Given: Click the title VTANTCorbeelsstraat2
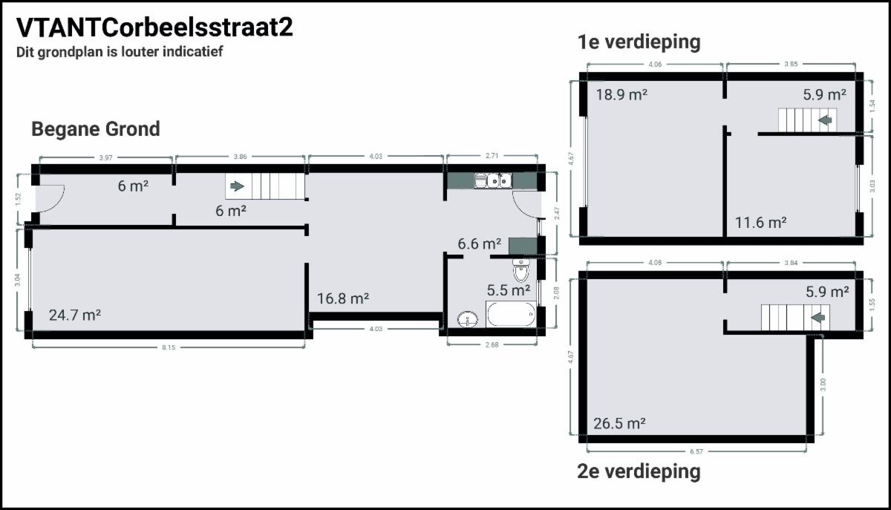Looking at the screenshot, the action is pos(154,27).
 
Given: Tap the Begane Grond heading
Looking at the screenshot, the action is pos(96,129).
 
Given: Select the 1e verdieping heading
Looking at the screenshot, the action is pos(639,42).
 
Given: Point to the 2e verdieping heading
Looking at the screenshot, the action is pos(639,471).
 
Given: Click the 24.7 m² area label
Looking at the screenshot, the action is pos(75,315).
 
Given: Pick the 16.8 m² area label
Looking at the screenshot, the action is pos(343,298).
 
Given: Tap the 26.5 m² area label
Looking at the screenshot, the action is pos(619,423).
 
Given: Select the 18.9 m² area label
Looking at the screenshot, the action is pos(621,95).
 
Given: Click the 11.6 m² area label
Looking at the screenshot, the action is pos(760,223).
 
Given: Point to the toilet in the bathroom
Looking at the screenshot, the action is pos(520,270).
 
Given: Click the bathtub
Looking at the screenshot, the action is pos(511,314).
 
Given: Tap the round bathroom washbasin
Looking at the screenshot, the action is pos(468,319).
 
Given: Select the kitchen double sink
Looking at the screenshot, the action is pos(500,180).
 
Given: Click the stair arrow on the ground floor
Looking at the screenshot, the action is pos(238,186).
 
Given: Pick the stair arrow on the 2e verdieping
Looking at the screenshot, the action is pos(818,317).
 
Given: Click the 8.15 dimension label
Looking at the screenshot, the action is pos(169,347).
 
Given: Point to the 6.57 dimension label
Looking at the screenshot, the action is pos(696,451).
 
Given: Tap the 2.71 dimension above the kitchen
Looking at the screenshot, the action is pos(492,156).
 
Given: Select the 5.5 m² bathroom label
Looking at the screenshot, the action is pos(509,290).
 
